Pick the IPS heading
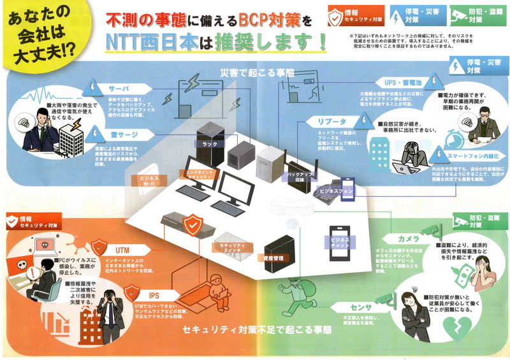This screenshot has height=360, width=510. [154, 296]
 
